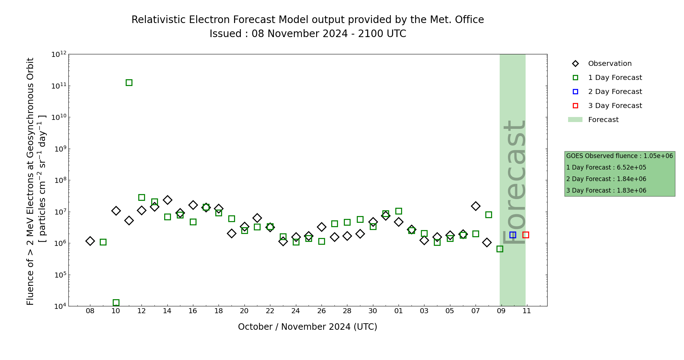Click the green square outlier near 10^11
[129, 82]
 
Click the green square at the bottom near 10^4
[116, 303]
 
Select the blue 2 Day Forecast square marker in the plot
[513, 235]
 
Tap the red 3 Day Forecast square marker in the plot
[526, 235]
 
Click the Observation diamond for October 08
[90, 241]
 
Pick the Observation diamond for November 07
[476, 206]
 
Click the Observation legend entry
[609, 64]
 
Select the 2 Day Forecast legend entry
[615, 92]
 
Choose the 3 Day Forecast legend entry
[615, 106]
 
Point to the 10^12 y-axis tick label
[59, 54]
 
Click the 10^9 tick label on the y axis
[59, 149]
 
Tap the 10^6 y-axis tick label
[59, 244]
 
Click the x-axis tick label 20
[244, 311]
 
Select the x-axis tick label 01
[399, 311]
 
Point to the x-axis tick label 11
[527, 311]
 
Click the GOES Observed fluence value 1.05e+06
[658, 156]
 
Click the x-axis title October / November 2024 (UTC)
[307, 327]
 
